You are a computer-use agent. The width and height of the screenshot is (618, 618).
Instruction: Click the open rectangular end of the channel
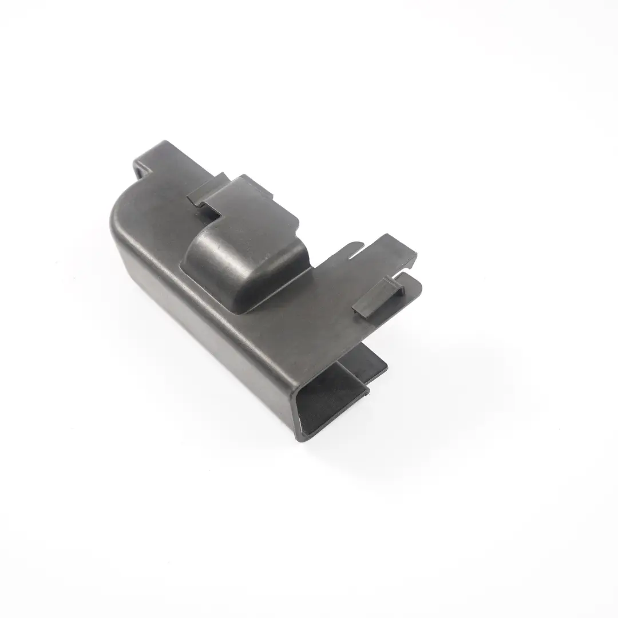(x=332, y=395)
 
